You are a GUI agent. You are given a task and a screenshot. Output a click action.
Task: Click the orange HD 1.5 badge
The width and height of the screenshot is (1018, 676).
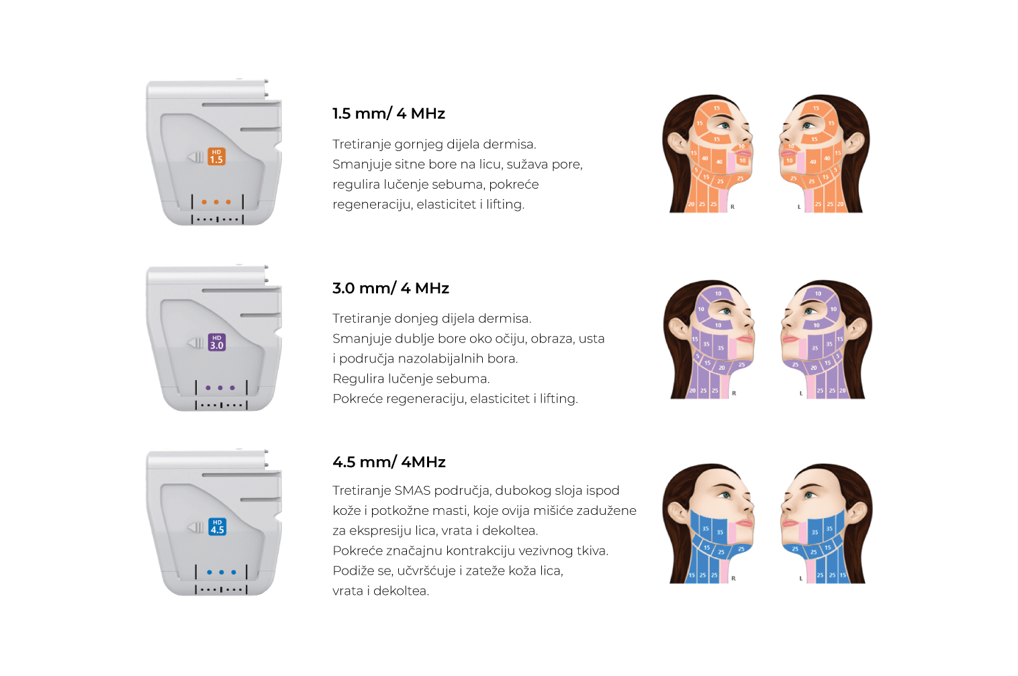[x=216, y=156]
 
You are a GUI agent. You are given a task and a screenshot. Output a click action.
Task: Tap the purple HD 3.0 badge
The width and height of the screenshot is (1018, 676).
[x=217, y=342]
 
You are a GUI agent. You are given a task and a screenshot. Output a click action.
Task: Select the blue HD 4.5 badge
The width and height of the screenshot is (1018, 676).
[x=218, y=526]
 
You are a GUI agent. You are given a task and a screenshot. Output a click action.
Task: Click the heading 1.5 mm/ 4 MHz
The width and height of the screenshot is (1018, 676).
[x=389, y=113]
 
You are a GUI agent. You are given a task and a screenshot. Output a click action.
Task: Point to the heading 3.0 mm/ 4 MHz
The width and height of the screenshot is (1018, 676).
[x=391, y=288]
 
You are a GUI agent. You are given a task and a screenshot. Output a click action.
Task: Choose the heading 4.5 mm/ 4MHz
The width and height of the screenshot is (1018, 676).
[x=389, y=462]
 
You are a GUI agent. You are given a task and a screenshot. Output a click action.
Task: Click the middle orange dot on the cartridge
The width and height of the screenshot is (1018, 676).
[x=216, y=201]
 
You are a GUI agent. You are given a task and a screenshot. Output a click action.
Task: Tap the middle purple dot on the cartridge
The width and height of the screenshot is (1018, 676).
[x=220, y=388]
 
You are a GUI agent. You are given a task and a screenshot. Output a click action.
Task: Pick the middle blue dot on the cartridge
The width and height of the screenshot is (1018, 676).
[x=222, y=573]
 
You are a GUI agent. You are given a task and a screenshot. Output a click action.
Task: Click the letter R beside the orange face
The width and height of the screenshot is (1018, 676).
[x=733, y=207]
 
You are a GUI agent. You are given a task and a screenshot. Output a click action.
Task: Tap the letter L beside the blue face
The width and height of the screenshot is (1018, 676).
[x=800, y=579]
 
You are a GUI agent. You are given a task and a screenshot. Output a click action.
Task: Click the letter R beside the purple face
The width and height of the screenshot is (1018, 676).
[x=734, y=393]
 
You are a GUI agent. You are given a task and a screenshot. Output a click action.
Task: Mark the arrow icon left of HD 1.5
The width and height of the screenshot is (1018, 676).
[x=195, y=157]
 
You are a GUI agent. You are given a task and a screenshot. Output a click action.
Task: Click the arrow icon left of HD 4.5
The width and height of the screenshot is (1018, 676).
[x=195, y=528]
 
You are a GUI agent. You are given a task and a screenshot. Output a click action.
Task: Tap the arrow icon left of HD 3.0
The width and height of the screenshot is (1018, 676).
[x=195, y=343]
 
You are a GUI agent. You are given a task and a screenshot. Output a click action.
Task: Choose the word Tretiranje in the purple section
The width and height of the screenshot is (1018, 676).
[x=361, y=319]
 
